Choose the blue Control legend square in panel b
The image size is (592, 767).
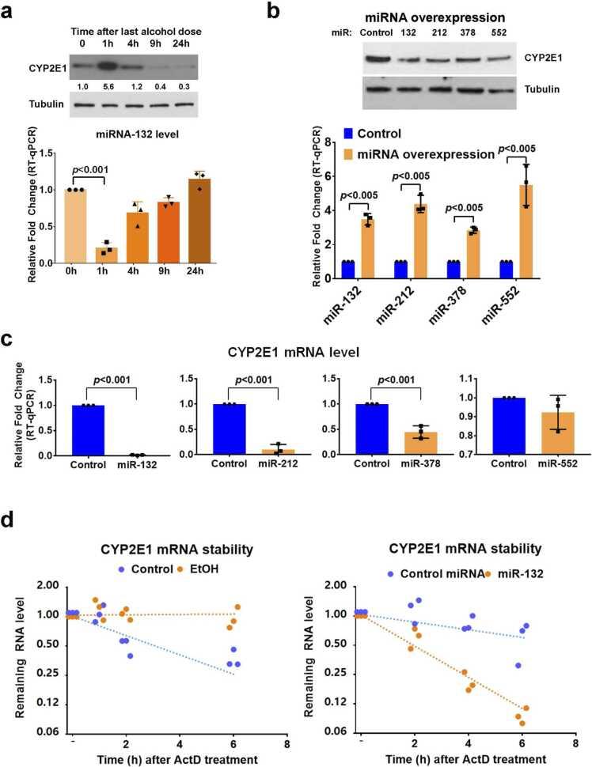pos(349,134)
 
